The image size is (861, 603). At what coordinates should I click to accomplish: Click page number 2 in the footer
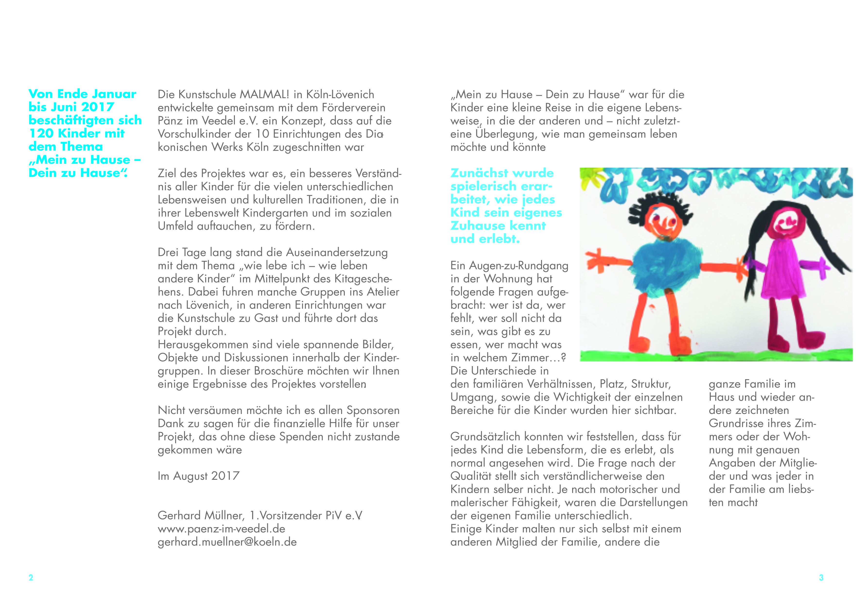[x=31, y=577]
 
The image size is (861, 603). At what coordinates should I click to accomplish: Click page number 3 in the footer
[x=821, y=577]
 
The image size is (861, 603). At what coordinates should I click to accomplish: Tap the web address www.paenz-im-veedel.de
[x=221, y=529]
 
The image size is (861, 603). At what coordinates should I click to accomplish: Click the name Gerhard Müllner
[x=201, y=516]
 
